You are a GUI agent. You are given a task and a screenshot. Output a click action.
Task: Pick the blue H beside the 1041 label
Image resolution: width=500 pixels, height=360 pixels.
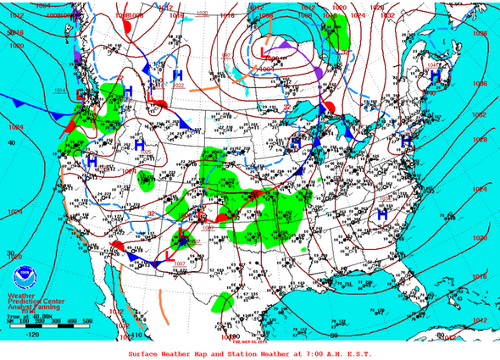pyautogui.click(x=435, y=75)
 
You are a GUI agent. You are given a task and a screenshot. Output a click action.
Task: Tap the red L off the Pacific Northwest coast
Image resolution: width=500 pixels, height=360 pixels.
pyautogui.click(x=80, y=94)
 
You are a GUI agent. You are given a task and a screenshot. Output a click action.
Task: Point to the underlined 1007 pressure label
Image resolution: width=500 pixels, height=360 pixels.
pyautogui.click(x=181, y=264)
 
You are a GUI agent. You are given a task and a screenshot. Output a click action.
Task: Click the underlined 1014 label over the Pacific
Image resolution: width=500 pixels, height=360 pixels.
pyautogui.click(x=59, y=90)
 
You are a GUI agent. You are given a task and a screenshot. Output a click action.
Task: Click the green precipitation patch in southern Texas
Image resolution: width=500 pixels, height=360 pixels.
pyautogui.click(x=224, y=302)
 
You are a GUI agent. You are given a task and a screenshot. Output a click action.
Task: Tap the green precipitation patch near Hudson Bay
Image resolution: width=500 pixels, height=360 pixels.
pyautogui.click(x=341, y=35)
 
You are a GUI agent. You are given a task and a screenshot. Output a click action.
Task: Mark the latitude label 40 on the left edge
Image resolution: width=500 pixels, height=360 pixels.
pyautogui.click(x=11, y=142)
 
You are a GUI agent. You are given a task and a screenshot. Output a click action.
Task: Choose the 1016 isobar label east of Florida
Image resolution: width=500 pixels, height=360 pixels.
pyautogui.click(x=478, y=276)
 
